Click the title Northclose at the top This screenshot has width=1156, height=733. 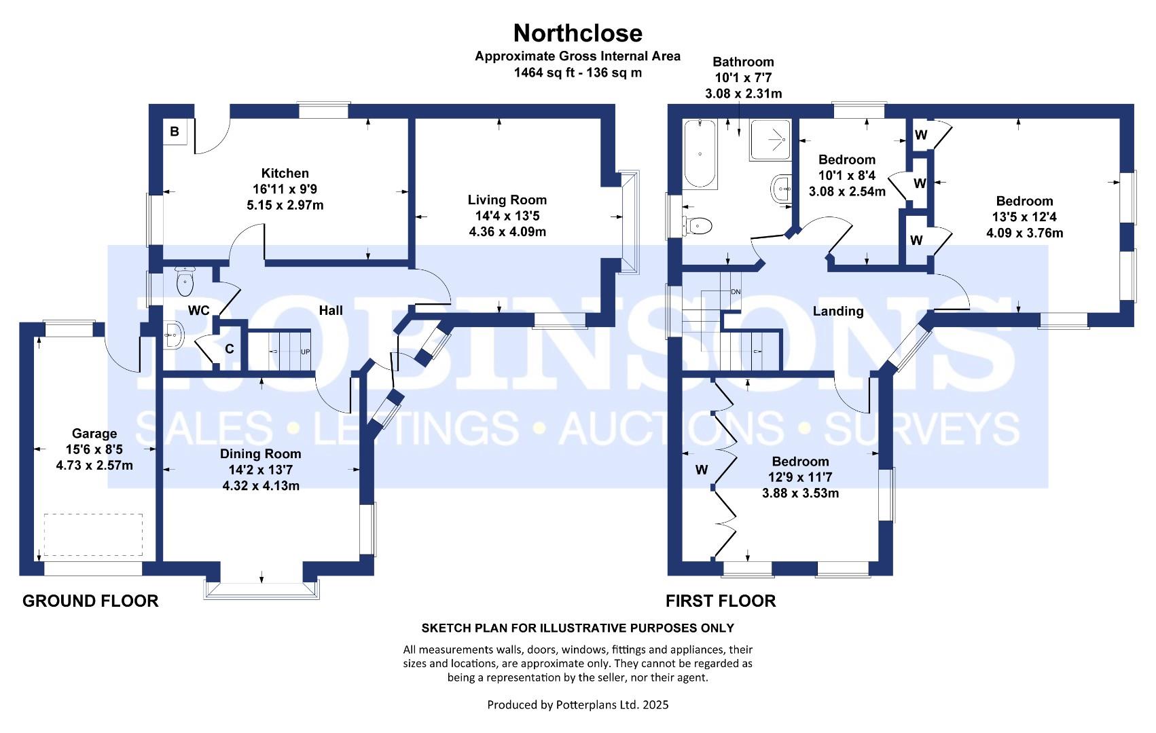(577, 33)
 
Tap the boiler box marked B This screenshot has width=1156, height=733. (175, 132)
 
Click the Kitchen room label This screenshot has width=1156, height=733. (285, 173)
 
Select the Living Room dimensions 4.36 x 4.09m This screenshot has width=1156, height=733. (507, 232)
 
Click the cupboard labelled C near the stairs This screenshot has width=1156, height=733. (230, 349)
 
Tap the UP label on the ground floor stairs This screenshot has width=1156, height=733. (306, 352)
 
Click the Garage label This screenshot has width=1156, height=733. (94, 433)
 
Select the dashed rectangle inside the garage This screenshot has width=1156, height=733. (93, 535)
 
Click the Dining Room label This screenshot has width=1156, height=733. (260, 453)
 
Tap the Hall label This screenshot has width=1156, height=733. (331, 310)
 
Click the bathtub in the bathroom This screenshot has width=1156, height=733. (700, 154)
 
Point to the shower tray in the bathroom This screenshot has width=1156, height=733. (771, 140)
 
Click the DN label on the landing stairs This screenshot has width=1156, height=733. (736, 292)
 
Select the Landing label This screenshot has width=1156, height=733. (838, 311)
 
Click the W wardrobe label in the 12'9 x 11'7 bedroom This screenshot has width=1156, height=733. (702, 470)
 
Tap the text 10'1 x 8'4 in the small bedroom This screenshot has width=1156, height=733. (847, 175)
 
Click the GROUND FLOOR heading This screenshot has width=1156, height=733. (90, 601)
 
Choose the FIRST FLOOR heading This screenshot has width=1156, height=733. (721, 601)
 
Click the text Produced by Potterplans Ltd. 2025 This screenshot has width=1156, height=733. (577, 704)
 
